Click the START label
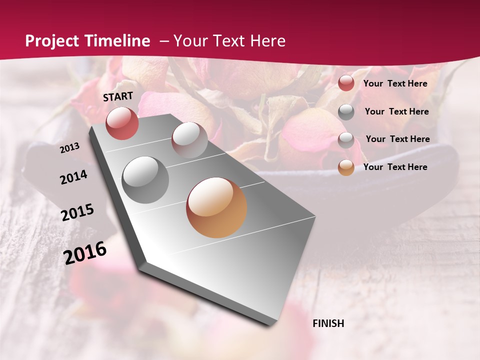tap(118, 96)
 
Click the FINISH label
tap(328, 323)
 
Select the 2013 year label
tap(70, 148)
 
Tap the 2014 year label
tap(74, 177)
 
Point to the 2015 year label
tap(77, 212)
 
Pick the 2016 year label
tap(85, 253)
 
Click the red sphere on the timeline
tap(122, 123)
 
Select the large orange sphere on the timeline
tap(216, 207)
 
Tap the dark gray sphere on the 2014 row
tap(145, 179)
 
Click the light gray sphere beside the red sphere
tap(189, 139)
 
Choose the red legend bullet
tap(346, 83)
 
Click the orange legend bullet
tap(346, 167)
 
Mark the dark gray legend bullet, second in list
tap(346, 112)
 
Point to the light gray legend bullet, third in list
tap(346, 139)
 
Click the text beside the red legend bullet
tap(395, 83)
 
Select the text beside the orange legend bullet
tap(395, 167)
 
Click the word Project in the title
tap(51, 41)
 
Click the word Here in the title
tap(268, 41)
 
